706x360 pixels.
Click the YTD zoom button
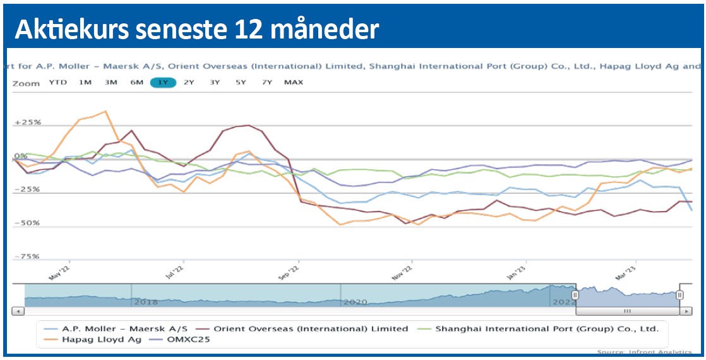point(57,82)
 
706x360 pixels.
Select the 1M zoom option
point(85,82)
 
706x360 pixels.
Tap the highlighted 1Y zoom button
point(163,82)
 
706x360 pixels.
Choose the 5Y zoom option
point(241,82)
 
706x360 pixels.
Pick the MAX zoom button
point(293,82)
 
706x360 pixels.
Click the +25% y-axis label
point(27,122)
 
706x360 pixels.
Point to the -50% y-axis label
point(27,223)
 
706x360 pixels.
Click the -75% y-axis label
point(27,256)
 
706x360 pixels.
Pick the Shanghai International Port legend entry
point(547,328)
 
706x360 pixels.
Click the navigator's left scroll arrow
point(18,311)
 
